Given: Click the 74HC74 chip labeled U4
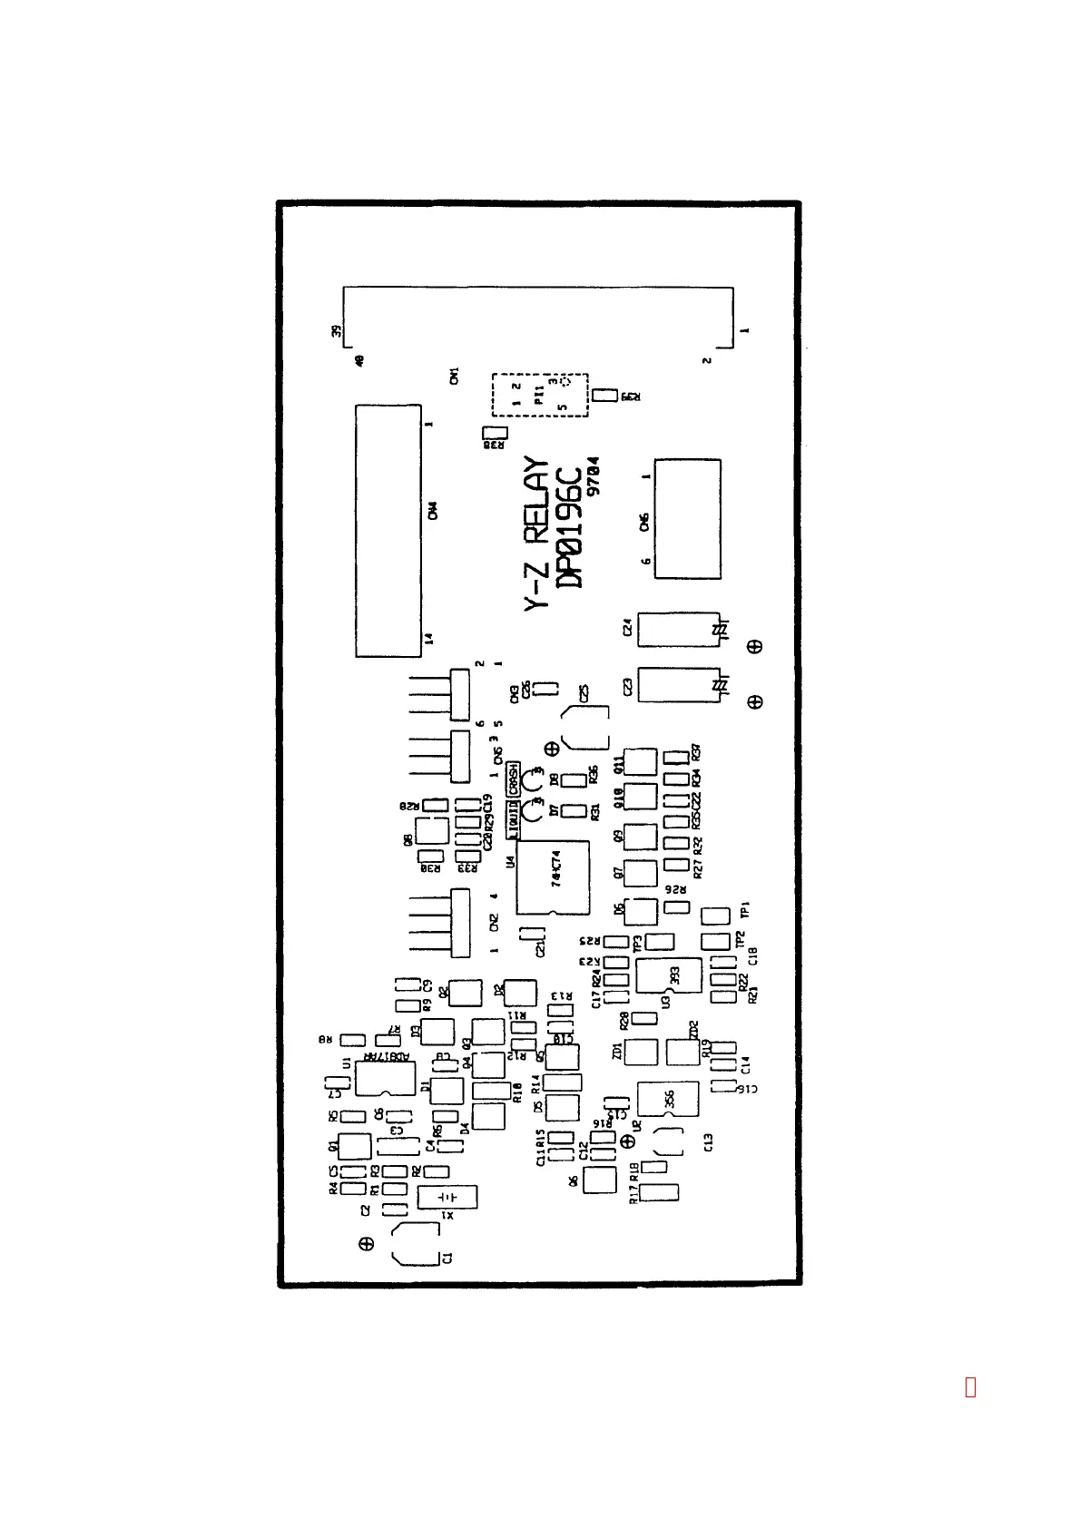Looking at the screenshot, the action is click(553, 877).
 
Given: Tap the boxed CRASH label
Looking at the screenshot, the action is click(513, 779).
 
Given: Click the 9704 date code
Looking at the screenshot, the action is click(593, 475).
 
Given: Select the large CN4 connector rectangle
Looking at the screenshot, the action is click(388, 531).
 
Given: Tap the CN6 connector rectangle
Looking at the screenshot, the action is click(687, 519).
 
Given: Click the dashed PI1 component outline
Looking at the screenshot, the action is click(540, 395).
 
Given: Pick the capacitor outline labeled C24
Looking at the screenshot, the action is click(678, 630).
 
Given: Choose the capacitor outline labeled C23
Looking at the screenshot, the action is click(678, 685).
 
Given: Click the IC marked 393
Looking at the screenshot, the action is click(669, 975).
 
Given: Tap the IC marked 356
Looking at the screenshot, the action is click(668, 1099).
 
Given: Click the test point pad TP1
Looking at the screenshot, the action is click(716, 915).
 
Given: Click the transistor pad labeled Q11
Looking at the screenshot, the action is click(641, 761).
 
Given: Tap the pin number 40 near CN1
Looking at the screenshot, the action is click(359, 360).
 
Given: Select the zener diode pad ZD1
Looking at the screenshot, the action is click(641, 1052).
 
